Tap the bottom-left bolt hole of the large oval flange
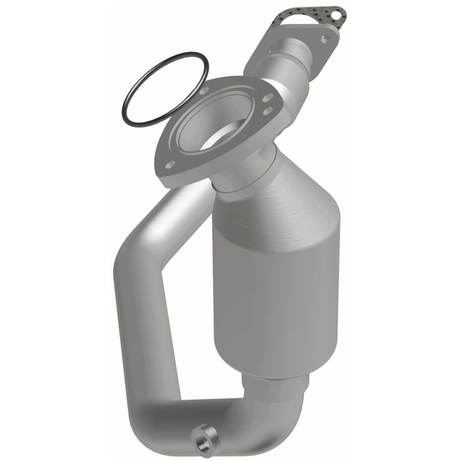pyautogui.click(x=171, y=165)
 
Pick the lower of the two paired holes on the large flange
pyautogui.click(x=268, y=111)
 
